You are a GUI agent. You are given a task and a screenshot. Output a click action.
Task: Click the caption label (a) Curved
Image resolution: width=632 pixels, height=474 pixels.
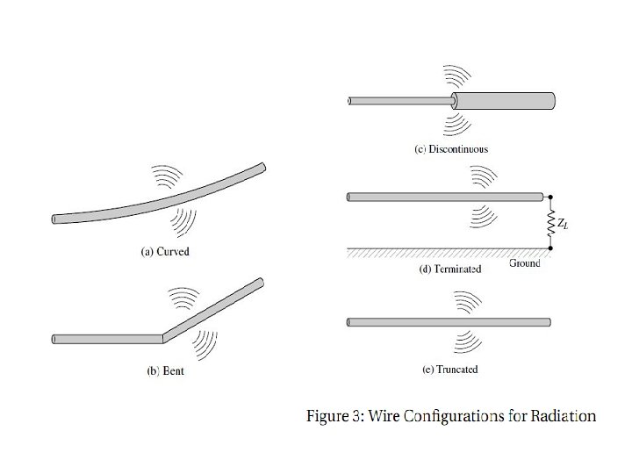[x=165, y=252]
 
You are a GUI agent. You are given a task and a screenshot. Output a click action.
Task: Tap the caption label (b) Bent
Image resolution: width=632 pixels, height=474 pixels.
[x=165, y=371]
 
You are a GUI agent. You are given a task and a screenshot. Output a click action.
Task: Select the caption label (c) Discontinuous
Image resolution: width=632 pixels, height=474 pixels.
[x=451, y=149]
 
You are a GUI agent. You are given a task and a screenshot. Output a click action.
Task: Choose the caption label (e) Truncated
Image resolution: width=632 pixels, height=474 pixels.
[x=450, y=370]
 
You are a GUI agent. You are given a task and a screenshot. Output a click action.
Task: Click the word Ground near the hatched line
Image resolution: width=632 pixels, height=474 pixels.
[x=525, y=263]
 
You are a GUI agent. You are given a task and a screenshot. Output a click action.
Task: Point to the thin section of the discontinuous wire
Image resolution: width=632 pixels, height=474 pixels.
[x=399, y=101]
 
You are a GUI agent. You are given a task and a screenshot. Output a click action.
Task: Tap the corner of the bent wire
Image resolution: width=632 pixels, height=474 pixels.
[x=160, y=337]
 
